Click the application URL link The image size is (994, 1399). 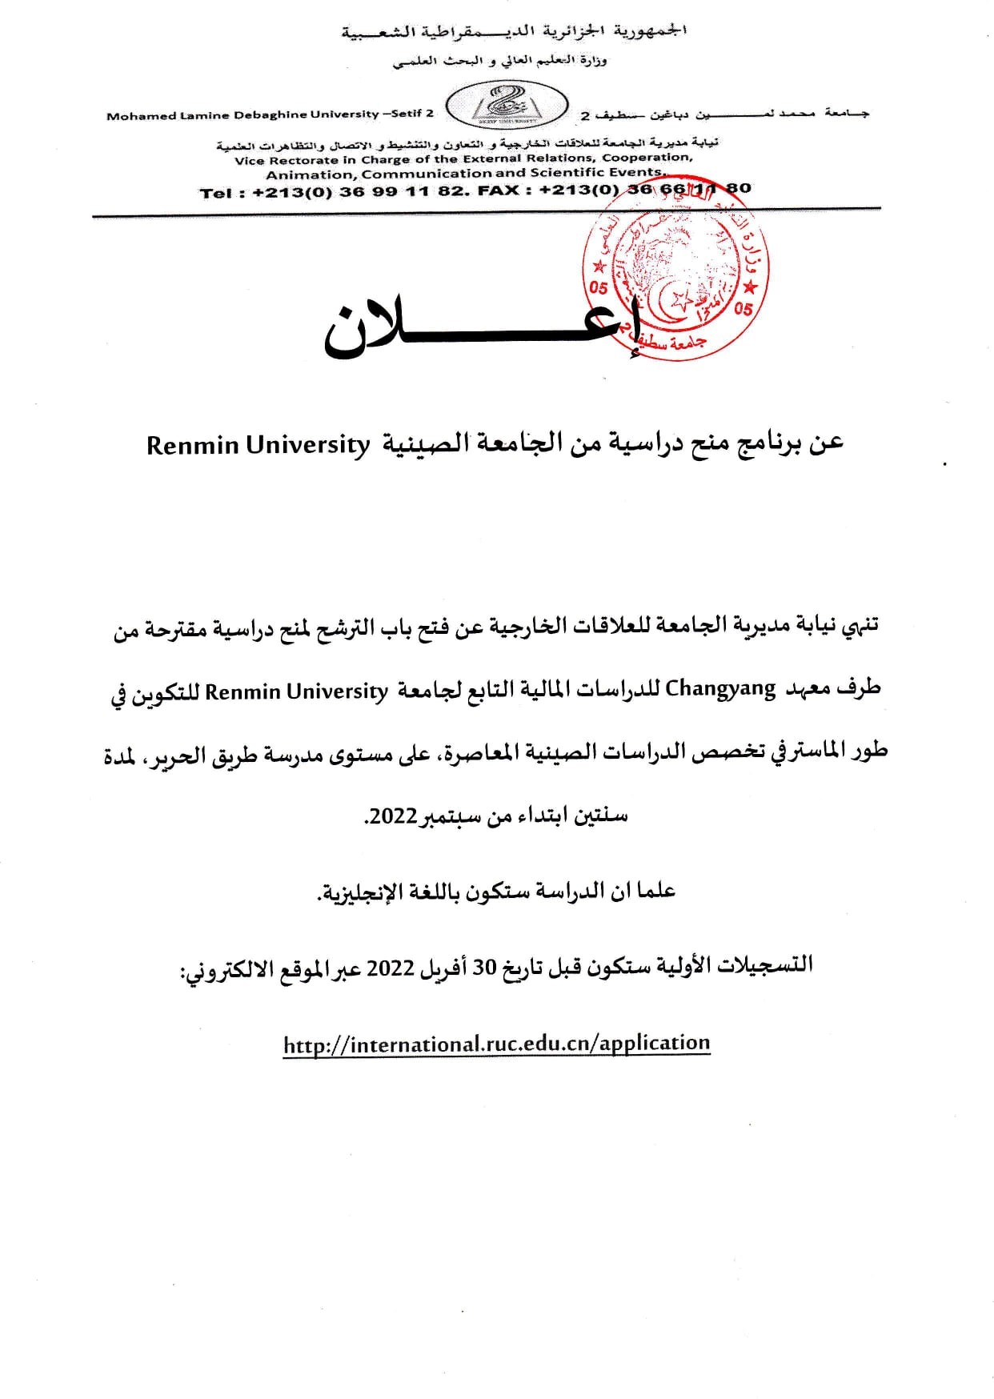click(496, 1044)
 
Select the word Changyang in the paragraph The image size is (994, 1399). click(721, 689)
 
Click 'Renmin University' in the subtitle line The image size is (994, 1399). click(258, 444)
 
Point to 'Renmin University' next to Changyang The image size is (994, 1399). click(296, 690)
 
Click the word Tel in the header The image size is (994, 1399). click(217, 192)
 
